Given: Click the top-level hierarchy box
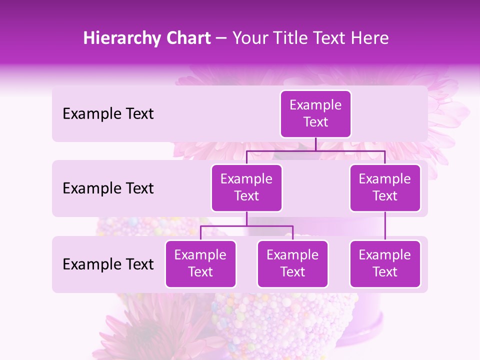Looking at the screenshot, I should click(315, 113).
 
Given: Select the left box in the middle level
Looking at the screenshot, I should click(246, 187).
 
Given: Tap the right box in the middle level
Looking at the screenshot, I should click(385, 187).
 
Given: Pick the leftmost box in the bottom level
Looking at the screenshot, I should click(200, 263).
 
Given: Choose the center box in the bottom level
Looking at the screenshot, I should click(292, 263).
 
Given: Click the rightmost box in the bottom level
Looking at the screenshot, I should click(385, 263).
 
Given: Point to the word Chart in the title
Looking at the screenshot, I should click(186, 38).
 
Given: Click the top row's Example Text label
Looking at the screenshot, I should click(108, 114).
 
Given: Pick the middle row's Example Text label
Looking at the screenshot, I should click(108, 188).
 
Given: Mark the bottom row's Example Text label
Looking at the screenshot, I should click(108, 264).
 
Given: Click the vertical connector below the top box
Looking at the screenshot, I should click(315, 144).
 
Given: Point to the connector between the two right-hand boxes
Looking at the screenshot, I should click(385, 226).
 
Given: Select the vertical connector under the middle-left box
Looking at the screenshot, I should click(246, 218).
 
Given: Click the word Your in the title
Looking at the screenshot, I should click(249, 38).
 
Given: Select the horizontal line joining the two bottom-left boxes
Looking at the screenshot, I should click(246, 226).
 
